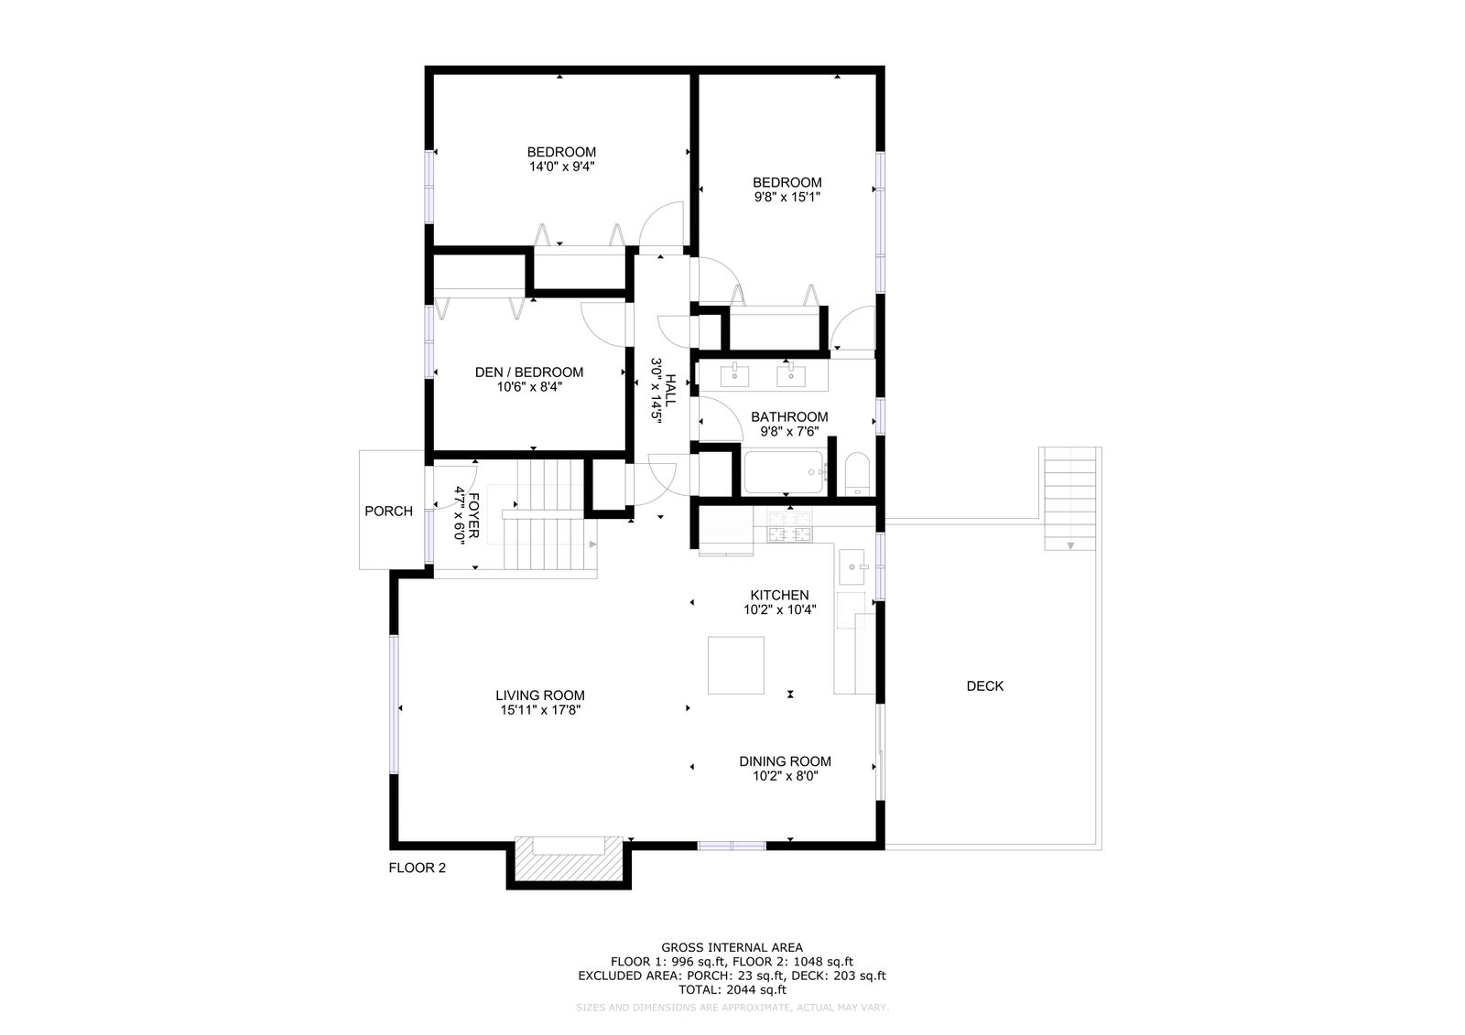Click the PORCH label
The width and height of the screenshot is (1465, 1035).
[388, 512]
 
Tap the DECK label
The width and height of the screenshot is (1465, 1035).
[984, 685]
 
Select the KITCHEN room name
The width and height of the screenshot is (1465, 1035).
[779, 595]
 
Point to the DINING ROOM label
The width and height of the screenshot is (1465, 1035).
[785, 761]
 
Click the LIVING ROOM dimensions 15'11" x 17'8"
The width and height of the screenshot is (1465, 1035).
[540, 710]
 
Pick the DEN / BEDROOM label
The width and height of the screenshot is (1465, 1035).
[529, 372]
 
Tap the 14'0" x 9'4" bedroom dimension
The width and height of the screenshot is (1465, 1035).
[562, 167]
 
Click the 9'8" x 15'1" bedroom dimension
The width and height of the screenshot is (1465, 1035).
[787, 197]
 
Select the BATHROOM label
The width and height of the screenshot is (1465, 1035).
[789, 417]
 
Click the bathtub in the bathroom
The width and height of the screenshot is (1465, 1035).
[784, 472]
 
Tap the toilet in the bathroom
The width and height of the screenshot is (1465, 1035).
[857, 474]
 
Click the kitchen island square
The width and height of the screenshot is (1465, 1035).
[736, 665]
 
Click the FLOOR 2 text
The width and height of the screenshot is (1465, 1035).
[418, 868]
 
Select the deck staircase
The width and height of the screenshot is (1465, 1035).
[1069, 499]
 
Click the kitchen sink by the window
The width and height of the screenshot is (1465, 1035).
[852, 566]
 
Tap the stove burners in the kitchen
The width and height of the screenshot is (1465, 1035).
[789, 526]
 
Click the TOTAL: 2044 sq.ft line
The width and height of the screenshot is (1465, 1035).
[732, 990]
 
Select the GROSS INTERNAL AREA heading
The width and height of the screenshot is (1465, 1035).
[732, 947]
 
